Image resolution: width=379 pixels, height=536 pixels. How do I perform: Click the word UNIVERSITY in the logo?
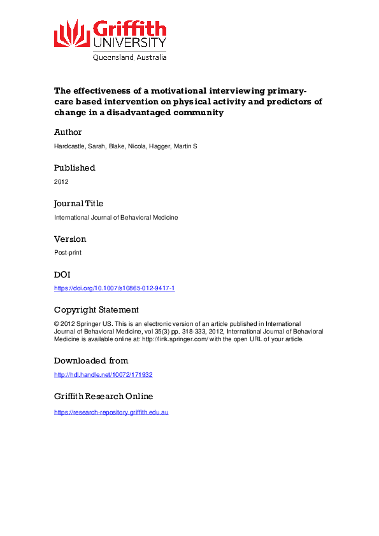pos(130,43)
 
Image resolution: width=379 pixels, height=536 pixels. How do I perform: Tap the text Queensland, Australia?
pos(130,57)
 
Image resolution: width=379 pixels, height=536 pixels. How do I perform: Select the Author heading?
pos(68,132)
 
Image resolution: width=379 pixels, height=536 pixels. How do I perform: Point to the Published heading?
pos(75,168)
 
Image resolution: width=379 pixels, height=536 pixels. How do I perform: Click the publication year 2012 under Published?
pos(61,181)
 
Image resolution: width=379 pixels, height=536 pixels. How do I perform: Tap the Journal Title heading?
pos(79,204)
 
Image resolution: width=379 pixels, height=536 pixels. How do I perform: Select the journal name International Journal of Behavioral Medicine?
pos(116,217)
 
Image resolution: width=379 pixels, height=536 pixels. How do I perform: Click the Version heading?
pos(70,239)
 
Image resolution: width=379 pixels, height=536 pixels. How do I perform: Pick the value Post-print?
pos(68,253)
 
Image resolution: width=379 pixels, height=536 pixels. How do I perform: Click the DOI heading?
pos(62,275)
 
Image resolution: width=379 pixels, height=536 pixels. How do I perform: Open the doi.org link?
pos(115,288)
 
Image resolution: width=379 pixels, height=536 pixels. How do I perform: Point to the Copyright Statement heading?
pos(96,310)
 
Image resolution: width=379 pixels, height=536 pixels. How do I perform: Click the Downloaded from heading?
pos(91,361)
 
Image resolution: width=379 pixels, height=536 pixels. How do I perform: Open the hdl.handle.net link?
pos(103,374)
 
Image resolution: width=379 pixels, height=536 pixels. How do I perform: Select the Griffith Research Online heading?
pos(104,397)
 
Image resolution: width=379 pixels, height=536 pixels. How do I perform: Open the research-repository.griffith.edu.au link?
pos(111,413)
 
